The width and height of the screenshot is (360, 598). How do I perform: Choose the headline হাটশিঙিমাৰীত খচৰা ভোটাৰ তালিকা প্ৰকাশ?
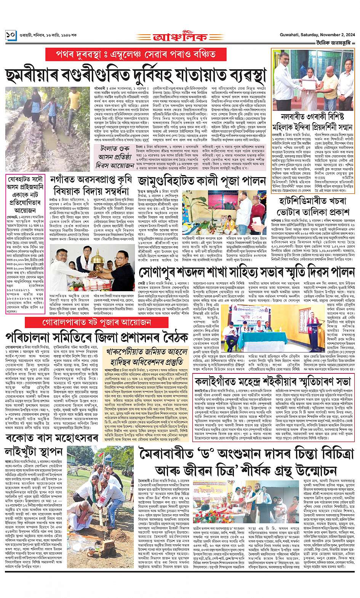tap(314, 206)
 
